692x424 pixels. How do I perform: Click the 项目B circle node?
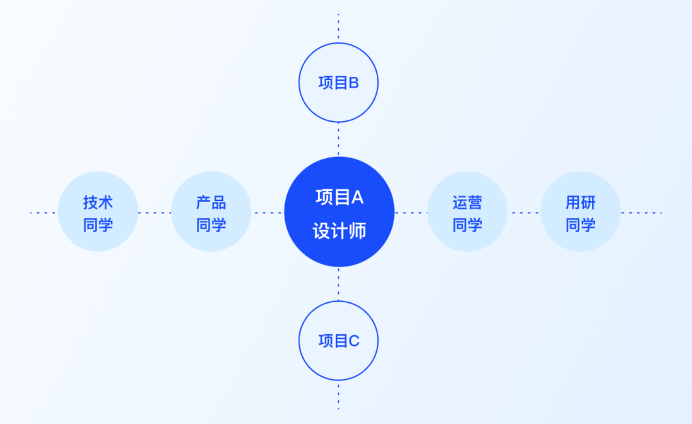click(338, 83)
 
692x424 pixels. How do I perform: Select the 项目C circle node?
click(338, 341)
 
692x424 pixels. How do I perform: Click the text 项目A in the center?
click(339, 197)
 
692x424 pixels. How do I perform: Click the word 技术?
click(98, 202)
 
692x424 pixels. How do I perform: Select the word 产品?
click(211, 202)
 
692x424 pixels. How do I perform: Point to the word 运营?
click(467, 202)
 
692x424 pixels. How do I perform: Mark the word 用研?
click(581, 202)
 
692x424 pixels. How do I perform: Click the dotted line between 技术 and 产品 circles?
click(154, 213)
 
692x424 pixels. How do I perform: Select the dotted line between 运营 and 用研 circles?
click(523, 213)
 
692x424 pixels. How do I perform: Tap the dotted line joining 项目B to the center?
click(338, 139)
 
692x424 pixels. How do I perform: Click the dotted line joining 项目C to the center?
click(338, 284)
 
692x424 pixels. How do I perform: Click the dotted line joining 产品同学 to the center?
click(268, 213)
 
